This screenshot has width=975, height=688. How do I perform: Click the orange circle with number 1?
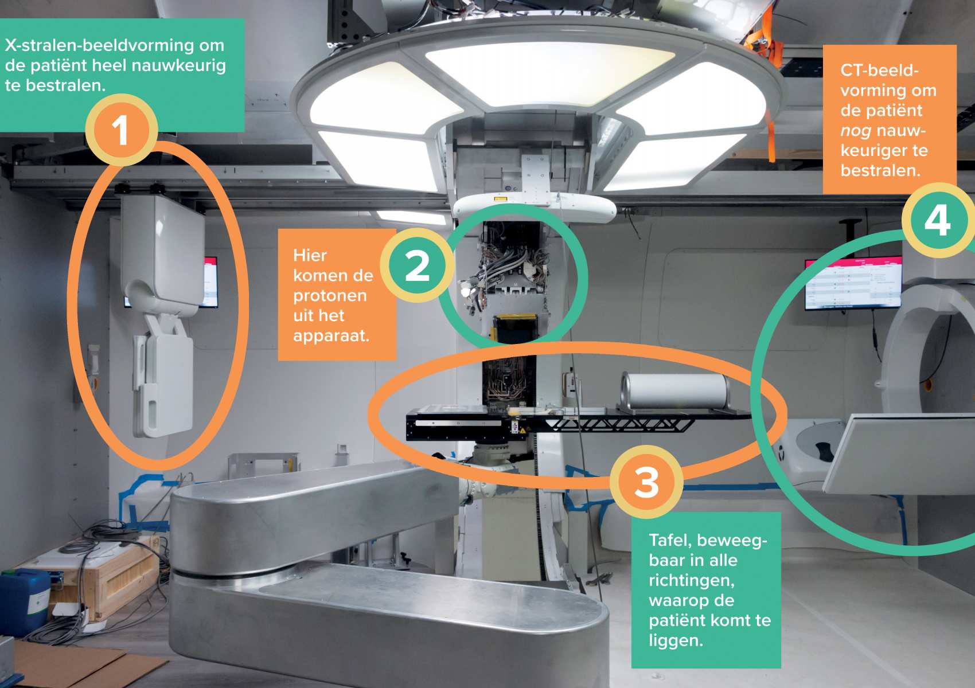[122, 130]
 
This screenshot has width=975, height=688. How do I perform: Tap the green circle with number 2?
[418, 265]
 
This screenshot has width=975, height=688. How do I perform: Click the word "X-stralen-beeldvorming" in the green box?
[99, 45]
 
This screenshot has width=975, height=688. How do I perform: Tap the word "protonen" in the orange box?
[330, 295]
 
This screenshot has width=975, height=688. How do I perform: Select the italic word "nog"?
[856, 131]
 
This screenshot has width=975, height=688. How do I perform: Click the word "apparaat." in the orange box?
[331, 335]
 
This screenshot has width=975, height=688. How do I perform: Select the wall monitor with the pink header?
[853, 283]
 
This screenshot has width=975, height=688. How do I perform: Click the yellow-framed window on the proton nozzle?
[515, 329]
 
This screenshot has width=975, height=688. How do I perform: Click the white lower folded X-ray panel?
[164, 377]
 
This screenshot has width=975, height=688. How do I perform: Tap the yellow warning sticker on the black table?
[522, 431]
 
